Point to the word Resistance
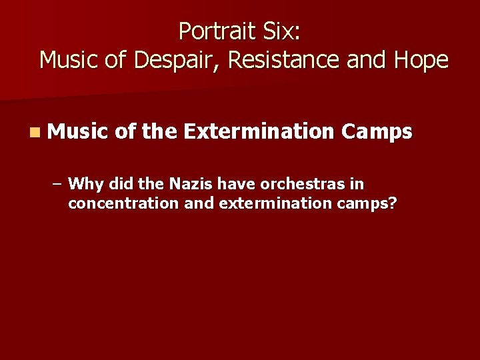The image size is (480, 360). click(x=287, y=60)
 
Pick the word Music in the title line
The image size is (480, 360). click(x=71, y=60)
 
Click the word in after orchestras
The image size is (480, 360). click(x=358, y=183)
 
